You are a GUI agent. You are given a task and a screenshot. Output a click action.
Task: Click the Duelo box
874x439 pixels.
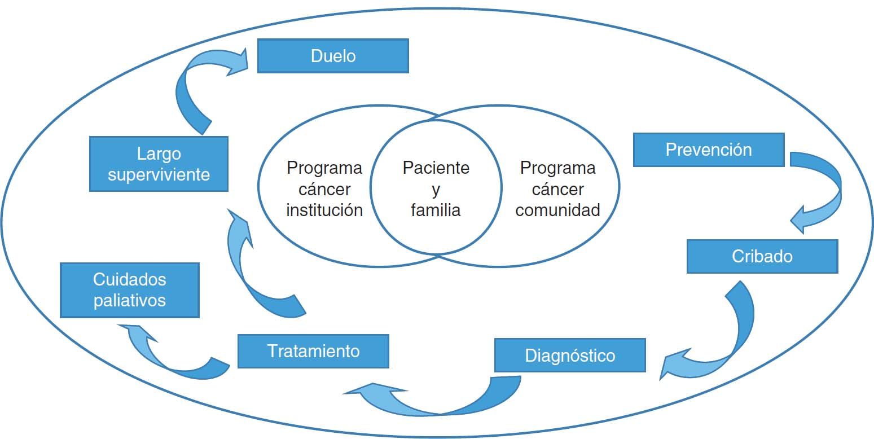point(333,56)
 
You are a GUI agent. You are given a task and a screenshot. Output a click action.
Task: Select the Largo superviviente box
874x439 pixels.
point(159,164)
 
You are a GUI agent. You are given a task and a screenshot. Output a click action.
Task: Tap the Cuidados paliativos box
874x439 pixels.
point(130,290)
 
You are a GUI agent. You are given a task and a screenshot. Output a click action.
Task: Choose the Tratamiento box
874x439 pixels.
point(313,351)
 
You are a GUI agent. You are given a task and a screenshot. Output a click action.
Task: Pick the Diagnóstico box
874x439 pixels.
point(570,355)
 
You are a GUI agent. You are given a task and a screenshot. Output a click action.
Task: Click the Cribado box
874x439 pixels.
point(762,256)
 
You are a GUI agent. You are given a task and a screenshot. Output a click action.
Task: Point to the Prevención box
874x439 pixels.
point(709,150)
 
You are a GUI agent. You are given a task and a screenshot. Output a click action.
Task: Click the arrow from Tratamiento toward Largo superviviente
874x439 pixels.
point(248,271)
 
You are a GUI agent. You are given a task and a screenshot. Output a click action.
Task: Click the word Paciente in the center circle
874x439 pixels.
point(436,168)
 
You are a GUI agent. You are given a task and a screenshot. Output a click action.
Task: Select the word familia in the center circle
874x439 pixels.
point(436,210)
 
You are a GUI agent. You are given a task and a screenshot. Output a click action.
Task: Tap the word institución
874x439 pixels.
point(324,210)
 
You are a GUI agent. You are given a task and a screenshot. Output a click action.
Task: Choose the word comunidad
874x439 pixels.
point(557,210)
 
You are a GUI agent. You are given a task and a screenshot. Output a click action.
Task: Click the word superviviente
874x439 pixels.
point(159,174)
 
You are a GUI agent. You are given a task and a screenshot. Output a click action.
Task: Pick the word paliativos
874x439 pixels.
point(130,300)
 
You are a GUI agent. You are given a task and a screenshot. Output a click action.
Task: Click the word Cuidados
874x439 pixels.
point(130,279)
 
